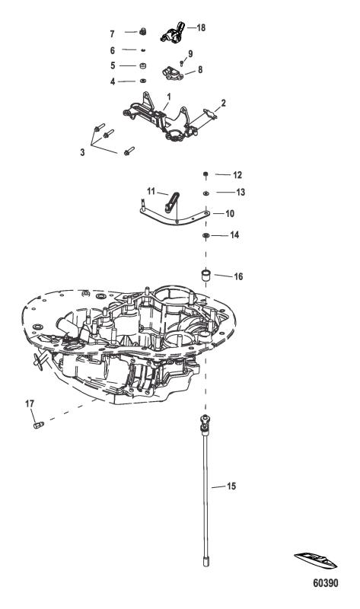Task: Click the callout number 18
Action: [201, 27]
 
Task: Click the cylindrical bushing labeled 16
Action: [205, 274]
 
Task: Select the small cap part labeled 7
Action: [142, 31]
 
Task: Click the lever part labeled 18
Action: [171, 33]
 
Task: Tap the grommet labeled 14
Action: [205, 237]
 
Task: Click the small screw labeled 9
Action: [182, 61]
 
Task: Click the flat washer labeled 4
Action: [142, 81]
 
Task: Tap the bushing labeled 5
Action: [142, 65]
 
